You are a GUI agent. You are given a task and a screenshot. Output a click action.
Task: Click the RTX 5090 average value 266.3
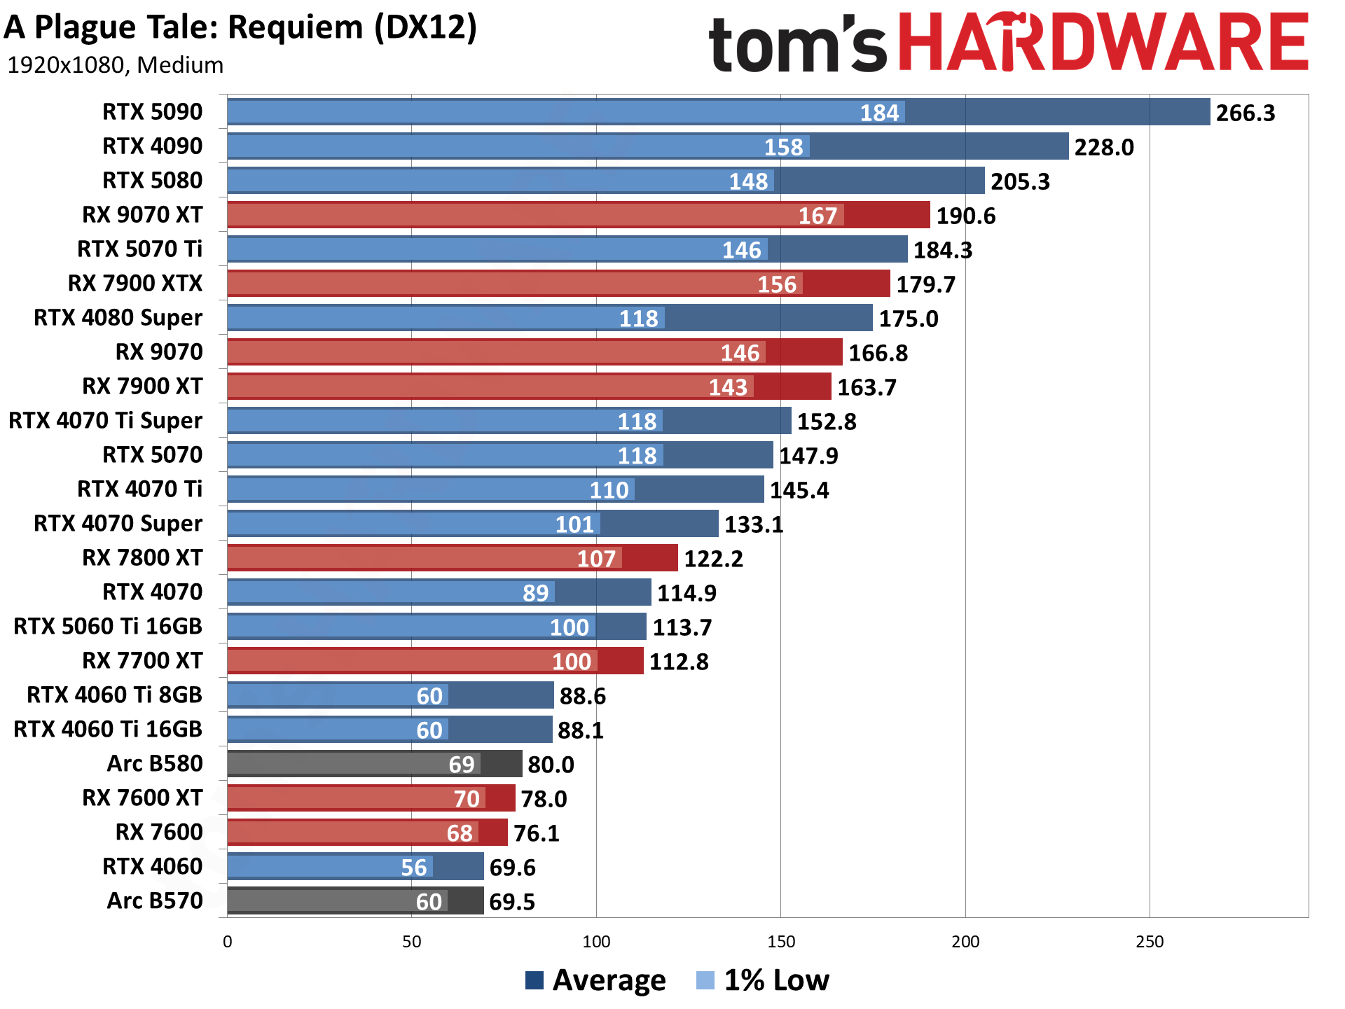[x=1245, y=113]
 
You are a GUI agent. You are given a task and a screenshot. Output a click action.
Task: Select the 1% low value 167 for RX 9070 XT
[x=818, y=216]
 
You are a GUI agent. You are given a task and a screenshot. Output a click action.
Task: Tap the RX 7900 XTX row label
[x=135, y=284]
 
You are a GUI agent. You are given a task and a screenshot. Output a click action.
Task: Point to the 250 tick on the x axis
[x=1150, y=942]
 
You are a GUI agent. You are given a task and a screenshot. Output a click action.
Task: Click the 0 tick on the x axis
[x=228, y=942]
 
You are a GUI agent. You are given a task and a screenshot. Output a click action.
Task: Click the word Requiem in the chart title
[x=297, y=28]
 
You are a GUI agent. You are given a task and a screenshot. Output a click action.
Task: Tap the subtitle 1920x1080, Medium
[x=116, y=65]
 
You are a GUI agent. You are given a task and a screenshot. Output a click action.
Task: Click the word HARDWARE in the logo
[x=1103, y=43]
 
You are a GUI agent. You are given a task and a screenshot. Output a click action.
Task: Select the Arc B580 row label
[x=155, y=764]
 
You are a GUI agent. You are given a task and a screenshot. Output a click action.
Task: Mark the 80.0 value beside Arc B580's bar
[x=551, y=765]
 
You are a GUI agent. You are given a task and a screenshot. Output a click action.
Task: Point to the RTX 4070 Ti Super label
[x=106, y=421]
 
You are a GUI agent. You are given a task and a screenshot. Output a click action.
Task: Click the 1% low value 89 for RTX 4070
[x=536, y=593]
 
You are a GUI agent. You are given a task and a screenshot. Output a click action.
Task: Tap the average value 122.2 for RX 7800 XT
[x=713, y=559]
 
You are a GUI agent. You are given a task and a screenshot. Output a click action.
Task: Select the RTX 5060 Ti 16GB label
[x=108, y=627]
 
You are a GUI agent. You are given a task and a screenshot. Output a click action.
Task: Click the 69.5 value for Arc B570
[x=511, y=902]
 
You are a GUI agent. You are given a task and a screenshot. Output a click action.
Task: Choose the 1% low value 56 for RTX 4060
[x=413, y=868]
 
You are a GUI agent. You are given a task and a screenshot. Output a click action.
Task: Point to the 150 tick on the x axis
[x=780, y=942]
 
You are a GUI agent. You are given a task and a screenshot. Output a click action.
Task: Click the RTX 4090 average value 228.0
[x=1103, y=147]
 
